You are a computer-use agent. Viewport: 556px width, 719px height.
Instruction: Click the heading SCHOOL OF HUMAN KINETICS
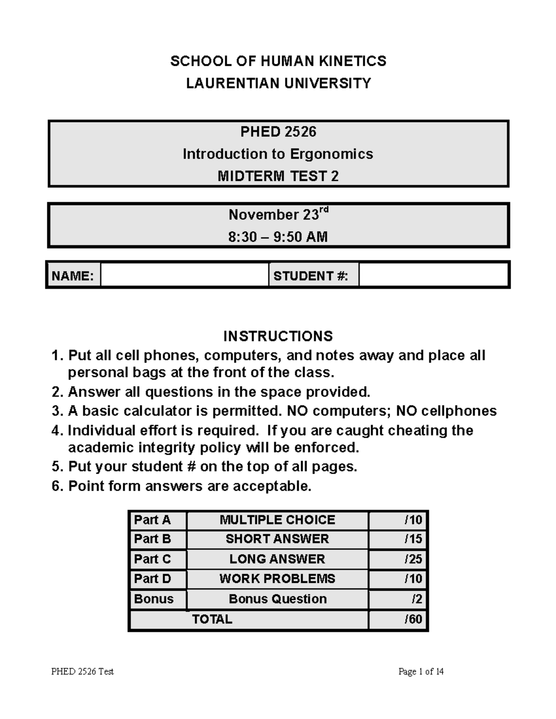click(x=278, y=61)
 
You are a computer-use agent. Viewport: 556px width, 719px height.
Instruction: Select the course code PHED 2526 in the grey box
click(x=278, y=132)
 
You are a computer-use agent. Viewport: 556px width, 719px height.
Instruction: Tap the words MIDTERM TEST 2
click(x=278, y=176)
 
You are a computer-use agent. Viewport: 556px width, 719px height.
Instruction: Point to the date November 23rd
click(x=278, y=214)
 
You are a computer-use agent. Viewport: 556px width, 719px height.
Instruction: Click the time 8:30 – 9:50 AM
click(x=278, y=237)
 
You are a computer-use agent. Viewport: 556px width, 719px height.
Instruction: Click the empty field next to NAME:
click(x=184, y=275)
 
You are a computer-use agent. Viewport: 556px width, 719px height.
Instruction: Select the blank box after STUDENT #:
click(x=433, y=275)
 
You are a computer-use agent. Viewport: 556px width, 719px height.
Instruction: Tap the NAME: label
click(x=73, y=276)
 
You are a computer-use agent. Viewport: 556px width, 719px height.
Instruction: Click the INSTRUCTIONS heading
click(x=278, y=336)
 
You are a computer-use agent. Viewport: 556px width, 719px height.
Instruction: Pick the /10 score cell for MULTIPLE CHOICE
click(x=398, y=520)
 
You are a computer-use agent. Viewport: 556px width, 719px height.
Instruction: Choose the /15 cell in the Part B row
click(x=398, y=539)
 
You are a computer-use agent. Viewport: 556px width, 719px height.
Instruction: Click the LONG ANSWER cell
click(x=277, y=559)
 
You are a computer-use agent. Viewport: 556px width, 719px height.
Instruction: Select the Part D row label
click(x=158, y=579)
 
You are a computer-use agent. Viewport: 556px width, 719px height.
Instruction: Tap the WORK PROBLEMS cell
click(x=277, y=579)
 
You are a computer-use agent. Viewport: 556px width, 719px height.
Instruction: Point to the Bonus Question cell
click(x=277, y=599)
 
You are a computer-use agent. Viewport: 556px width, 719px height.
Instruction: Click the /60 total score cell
click(x=398, y=619)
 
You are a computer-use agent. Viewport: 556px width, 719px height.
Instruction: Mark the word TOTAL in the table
click(x=212, y=619)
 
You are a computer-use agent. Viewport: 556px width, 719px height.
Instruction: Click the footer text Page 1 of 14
click(x=421, y=671)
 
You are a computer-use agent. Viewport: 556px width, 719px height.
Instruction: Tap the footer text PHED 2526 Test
click(x=82, y=671)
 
